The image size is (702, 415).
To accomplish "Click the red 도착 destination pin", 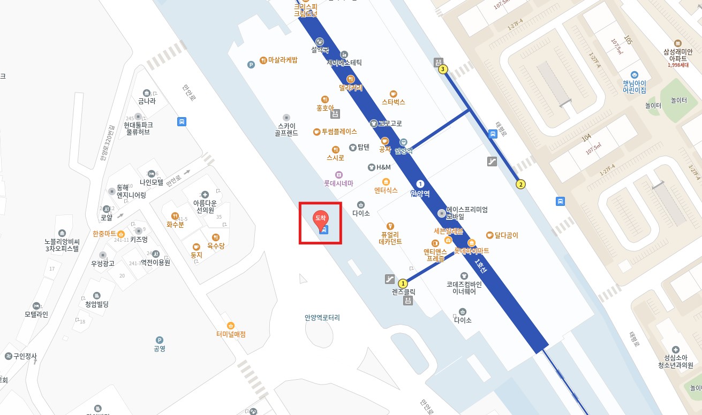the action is (x=320, y=218).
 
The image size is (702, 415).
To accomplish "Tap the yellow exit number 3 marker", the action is (x=442, y=68).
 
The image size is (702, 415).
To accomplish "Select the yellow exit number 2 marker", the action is (x=520, y=185).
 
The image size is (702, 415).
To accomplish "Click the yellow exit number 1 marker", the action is (x=403, y=283).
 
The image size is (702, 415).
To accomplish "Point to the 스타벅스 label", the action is (x=394, y=102).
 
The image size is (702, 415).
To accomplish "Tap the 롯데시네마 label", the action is (x=338, y=183).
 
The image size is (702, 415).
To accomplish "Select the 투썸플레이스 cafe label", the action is (x=339, y=132).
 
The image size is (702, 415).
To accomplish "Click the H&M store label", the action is (x=383, y=167).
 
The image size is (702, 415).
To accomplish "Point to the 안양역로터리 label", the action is (x=322, y=318).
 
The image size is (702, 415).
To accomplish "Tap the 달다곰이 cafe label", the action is (x=506, y=235).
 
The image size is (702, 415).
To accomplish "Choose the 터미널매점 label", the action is (x=231, y=334).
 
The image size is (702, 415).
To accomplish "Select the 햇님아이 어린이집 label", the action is (x=634, y=87).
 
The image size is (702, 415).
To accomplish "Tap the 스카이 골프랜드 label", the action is (x=285, y=129).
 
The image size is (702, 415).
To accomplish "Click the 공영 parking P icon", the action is (x=159, y=340).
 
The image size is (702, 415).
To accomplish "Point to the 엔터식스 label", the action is (x=386, y=190).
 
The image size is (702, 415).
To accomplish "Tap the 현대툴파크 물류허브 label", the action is (x=138, y=128).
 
